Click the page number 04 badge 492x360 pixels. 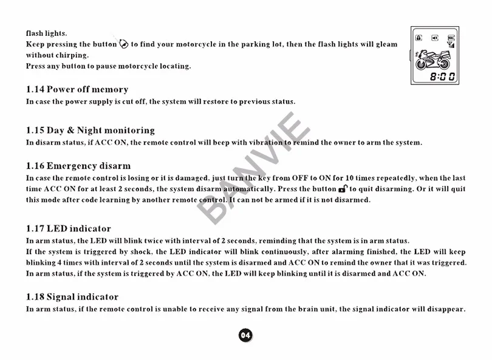click(x=245, y=335)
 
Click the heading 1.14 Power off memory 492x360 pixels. click(x=77, y=89)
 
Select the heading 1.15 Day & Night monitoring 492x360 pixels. click(x=91, y=130)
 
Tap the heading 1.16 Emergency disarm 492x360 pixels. click(x=78, y=166)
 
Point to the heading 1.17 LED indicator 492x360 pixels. click(x=69, y=229)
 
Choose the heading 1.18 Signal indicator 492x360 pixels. click(x=72, y=297)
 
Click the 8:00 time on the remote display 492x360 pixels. click(x=442, y=76)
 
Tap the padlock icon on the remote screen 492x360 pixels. click(x=419, y=38)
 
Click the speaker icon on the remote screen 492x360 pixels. click(x=435, y=38)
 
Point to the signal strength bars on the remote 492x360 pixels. click(x=451, y=45)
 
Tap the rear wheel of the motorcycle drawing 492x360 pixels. click(x=423, y=63)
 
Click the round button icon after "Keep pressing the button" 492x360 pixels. click(x=125, y=44)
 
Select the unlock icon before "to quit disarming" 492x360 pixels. click(x=343, y=189)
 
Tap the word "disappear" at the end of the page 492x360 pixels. click(x=446, y=309)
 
